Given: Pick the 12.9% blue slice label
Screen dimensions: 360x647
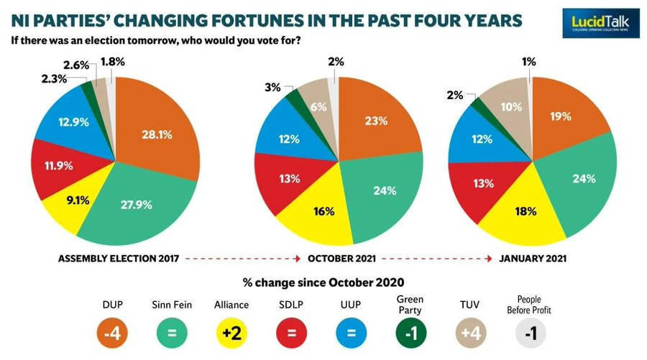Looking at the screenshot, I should [73, 123].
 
